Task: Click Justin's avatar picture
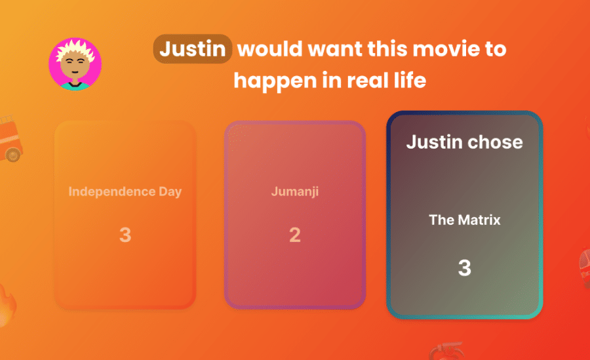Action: pyautogui.click(x=75, y=64)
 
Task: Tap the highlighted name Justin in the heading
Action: pyautogui.click(x=192, y=49)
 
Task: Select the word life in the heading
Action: pyautogui.click(x=411, y=80)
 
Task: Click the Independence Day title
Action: pyautogui.click(x=125, y=191)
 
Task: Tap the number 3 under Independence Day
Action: pyautogui.click(x=125, y=235)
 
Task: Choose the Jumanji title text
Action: pyautogui.click(x=295, y=191)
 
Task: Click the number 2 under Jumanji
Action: pyautogui.click(x=295, y=235)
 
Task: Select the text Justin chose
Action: pyautogui.click(x=465, y=142)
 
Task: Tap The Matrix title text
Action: pyautogui.click(x=465, y=220)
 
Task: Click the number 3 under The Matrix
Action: pyautogui.click(x=465, y=268)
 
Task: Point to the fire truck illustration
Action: pyautogui.click(x=10, y=138)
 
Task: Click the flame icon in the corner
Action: pyautogui.click(x=7, y=305)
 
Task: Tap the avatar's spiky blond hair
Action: pyautogui.click(x=75, y=51)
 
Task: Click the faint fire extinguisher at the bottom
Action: pyautogui.click(x=446, y=351)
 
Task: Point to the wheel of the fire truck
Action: pyautogui.click(x=14, y=154)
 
